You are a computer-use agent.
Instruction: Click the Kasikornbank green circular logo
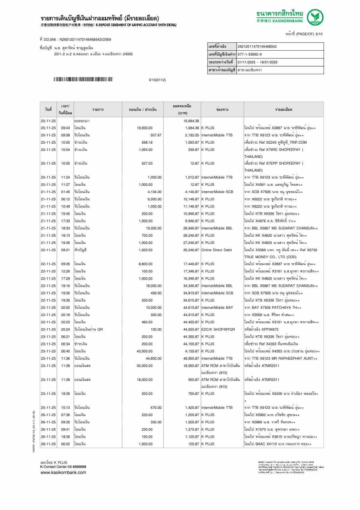[315, 17]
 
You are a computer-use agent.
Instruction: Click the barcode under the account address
[83, 79]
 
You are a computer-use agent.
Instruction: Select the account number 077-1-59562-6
[250, 54]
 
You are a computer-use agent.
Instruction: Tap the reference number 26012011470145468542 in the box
[257, 47]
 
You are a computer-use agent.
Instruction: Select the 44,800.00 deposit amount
[153, 359]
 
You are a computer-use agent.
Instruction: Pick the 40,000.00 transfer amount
[144, 351]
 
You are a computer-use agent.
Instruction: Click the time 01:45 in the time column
[65, 192]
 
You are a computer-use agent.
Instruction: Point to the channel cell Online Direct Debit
[216, 250]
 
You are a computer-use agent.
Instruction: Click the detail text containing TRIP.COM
[275, 142]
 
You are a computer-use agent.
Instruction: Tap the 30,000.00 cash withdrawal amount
[144, 366]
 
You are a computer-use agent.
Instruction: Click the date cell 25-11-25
[48, 408]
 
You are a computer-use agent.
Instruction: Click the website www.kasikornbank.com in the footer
[63, 472]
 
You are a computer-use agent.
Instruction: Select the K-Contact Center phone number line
[63, 467]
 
